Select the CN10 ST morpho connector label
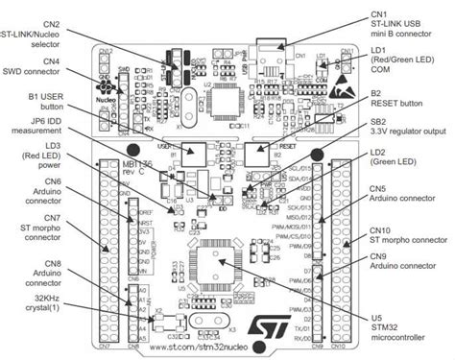coord(407,237)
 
